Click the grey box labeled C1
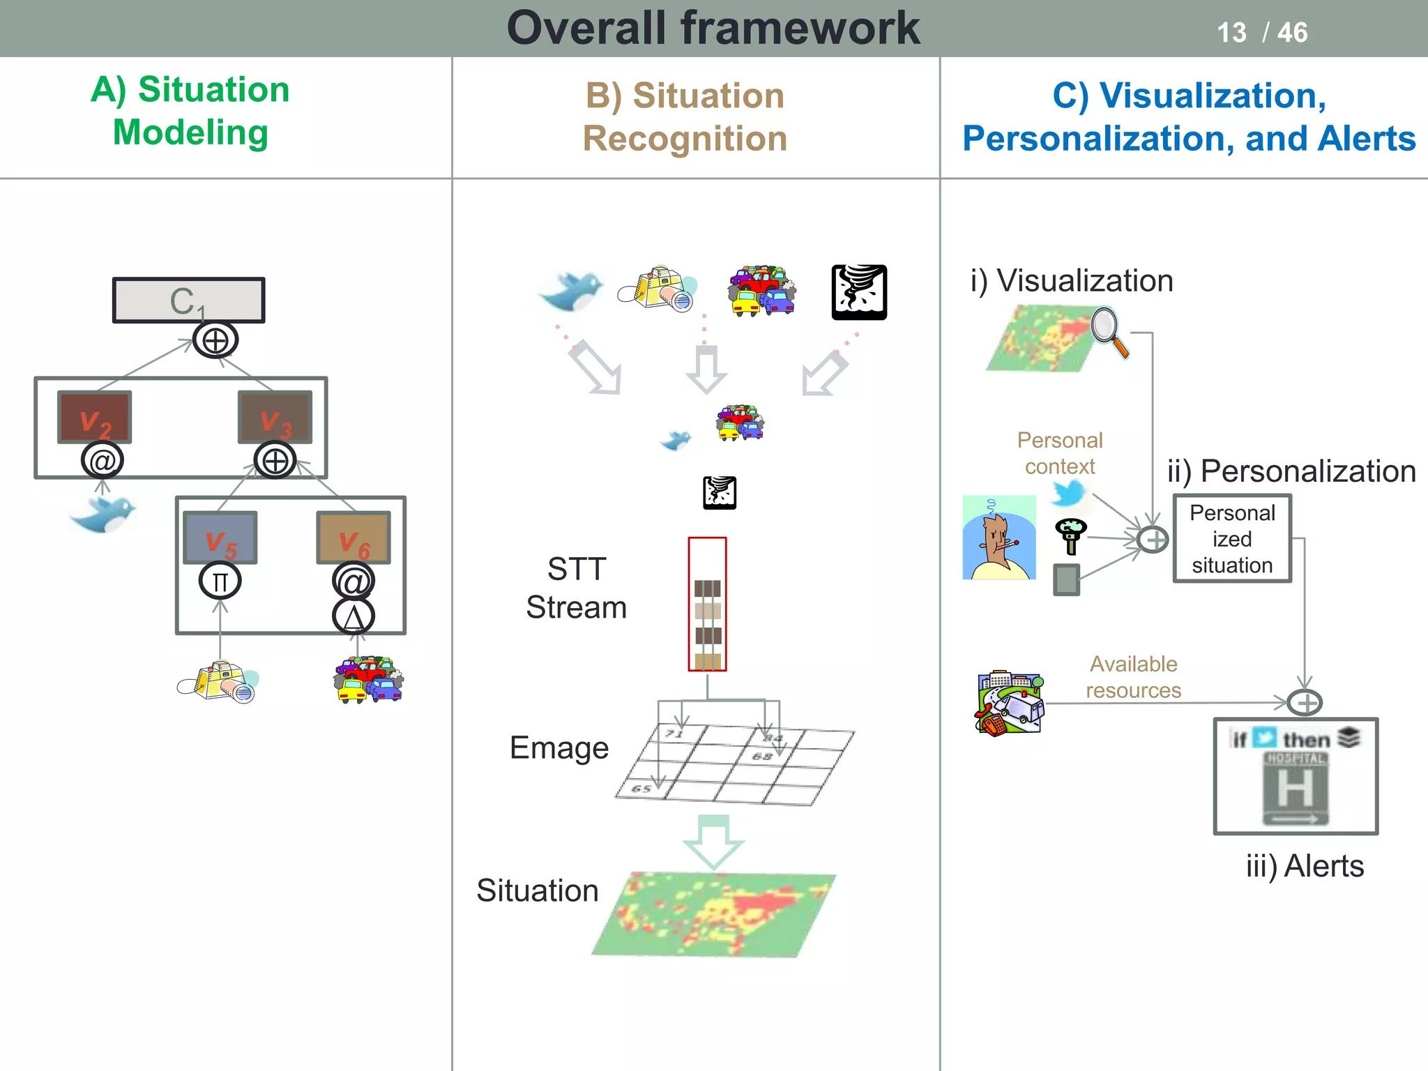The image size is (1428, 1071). (x=188, y=301)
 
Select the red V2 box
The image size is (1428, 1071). (x=94, y=416)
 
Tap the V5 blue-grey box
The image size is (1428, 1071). (x=220, y=537)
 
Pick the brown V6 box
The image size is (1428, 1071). (x=354, y=537)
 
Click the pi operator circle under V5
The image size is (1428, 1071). (x=220, y=581)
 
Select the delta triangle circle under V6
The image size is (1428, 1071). (x=354, y=617)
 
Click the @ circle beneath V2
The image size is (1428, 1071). (x=102, y=461)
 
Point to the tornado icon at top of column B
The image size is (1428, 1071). (x=859, y=292)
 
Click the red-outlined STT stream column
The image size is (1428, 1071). (x=707, y=604)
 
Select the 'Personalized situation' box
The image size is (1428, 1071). (x=1232, y=539)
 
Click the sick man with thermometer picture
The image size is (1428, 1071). (x=998, y=538)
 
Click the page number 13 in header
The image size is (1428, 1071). (x=1231, y=33)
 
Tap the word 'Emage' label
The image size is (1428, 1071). (x=559, y=748)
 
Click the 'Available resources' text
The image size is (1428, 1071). (x=1133, y=677)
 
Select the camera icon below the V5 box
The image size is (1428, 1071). (x=218, y=681)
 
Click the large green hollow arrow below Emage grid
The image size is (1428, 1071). (x=713, y=841)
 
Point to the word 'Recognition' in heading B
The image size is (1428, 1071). (x=685, y=138)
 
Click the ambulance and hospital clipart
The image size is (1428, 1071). (x=1010, y=703)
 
